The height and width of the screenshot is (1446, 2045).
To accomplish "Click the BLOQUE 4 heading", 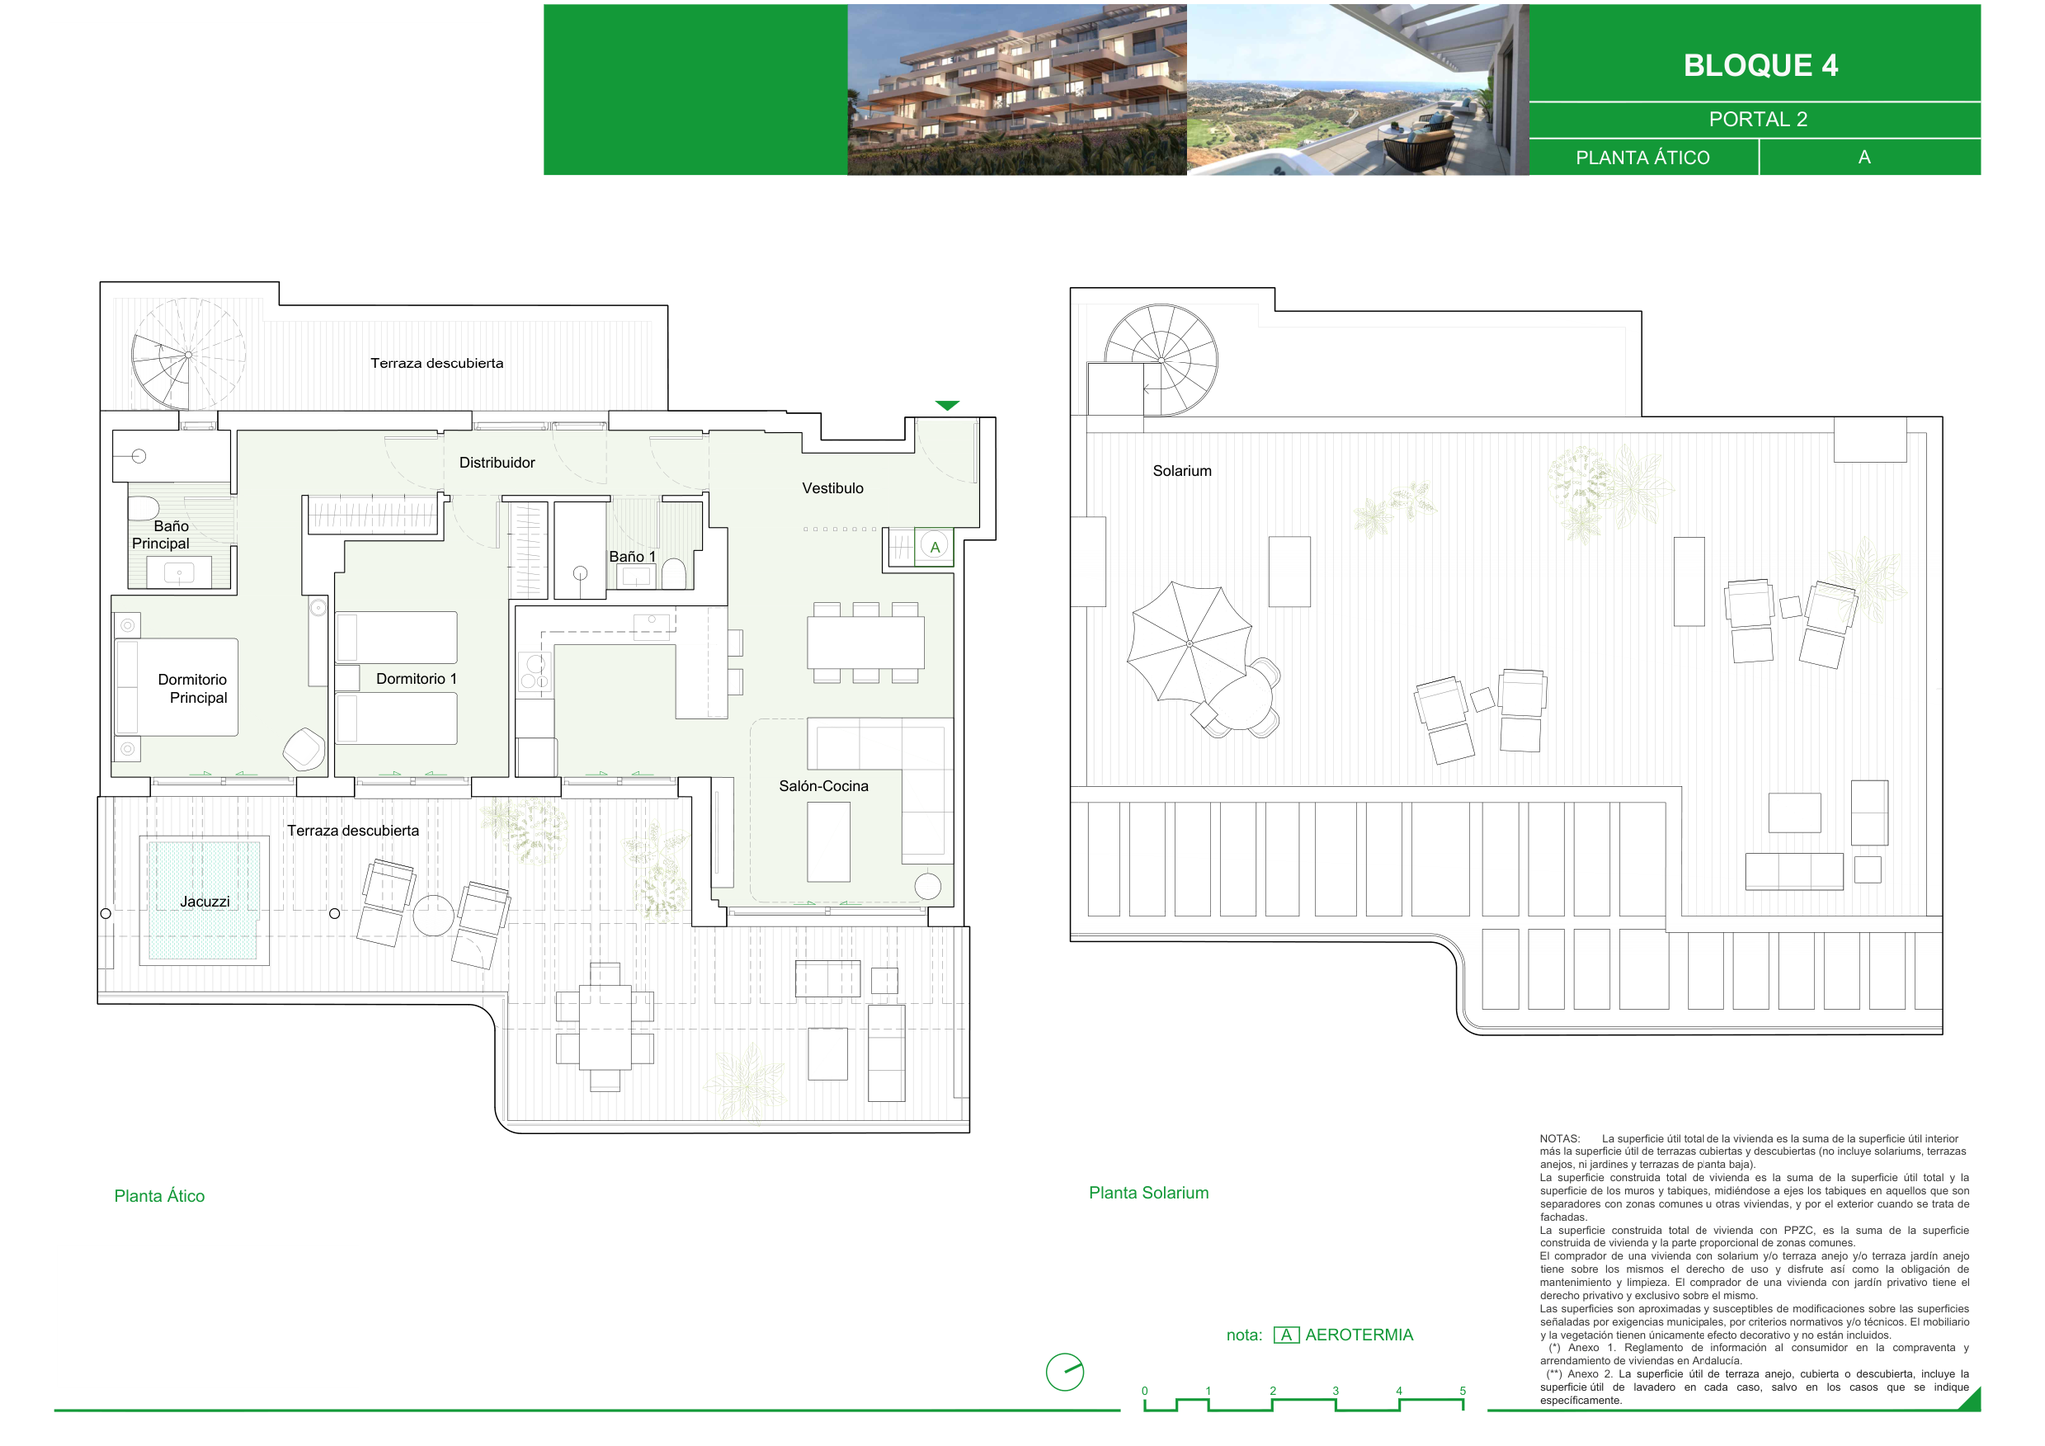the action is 1760,65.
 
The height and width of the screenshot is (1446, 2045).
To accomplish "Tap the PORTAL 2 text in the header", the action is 1758,119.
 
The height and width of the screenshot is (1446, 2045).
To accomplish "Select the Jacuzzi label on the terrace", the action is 205,902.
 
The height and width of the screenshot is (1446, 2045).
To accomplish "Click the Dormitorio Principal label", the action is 193,689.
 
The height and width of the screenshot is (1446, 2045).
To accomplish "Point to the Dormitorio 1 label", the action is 416,679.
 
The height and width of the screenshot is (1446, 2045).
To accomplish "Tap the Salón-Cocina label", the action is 824,786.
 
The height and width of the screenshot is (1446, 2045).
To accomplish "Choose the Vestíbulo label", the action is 833,488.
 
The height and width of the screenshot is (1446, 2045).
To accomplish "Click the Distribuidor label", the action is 497,463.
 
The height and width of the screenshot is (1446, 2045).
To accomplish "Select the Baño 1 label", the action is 633,556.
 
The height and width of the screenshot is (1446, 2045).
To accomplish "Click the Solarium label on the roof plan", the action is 1182,471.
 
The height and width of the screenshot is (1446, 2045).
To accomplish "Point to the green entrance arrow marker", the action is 947,405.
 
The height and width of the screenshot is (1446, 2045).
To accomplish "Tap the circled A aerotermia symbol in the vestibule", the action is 935,547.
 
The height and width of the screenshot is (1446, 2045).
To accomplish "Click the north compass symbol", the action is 1065,1372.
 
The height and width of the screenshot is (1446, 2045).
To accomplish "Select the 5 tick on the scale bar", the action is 1463,1391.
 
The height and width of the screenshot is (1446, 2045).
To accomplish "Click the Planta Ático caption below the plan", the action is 160,1196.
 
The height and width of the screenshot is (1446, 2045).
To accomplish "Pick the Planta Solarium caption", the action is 1149,1193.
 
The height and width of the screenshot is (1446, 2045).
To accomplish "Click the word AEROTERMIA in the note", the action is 1359,1335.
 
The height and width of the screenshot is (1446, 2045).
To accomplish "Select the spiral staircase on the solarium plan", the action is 1161,361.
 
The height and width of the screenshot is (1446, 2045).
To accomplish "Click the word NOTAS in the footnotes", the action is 1560,1139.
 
